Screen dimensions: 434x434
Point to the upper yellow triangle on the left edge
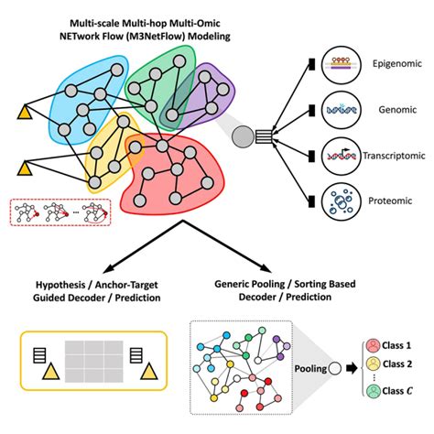point(25,113)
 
